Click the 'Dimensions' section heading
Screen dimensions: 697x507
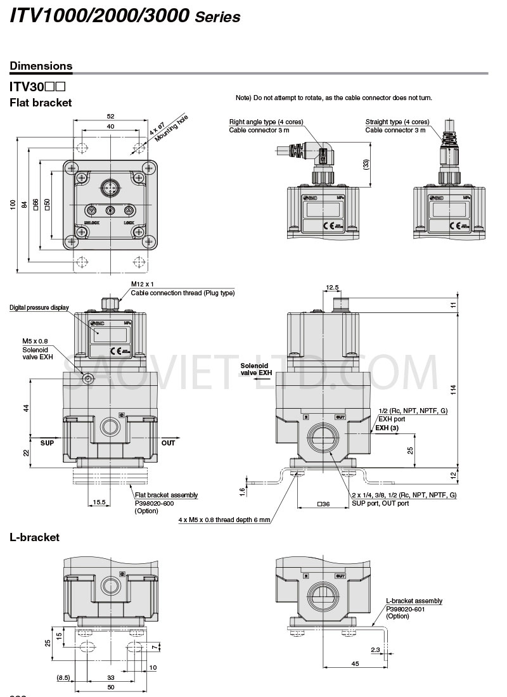[x=41, y=66]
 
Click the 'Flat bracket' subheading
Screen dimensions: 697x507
[x=41, y=103]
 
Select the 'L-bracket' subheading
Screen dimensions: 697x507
[x=35, y=537]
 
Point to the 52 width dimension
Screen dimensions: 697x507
[x=110, y=117]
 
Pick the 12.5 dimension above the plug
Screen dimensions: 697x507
[x=333, y=288]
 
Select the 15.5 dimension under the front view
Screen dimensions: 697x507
[x=99, y=502]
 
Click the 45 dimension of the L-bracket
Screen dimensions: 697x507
[x=356, y=663]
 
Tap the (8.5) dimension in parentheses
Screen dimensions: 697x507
[x=64, y=677]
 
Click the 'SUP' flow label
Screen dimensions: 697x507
[x=48, y=443]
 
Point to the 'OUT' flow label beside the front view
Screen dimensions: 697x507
[x=168, y=443]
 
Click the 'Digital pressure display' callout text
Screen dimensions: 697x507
[x=39, y=308]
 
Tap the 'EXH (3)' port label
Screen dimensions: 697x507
[x=387, y=428]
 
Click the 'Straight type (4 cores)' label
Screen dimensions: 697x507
[x=397, y=122]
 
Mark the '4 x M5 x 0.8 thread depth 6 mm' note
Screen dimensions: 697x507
[x=224, y=520]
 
